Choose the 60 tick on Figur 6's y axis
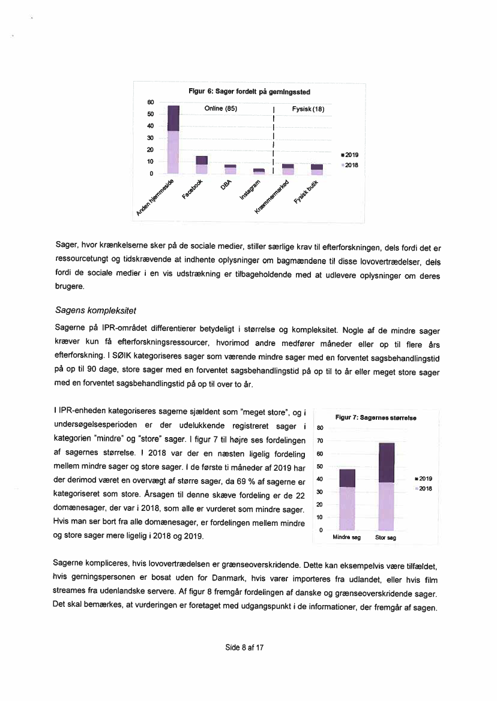click(x=151, y=103)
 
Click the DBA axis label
click(x=225, y=186)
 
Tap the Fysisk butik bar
click(x=317, y=169)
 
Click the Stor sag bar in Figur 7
click(x=387, y=486)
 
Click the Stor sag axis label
click(x=385, y=538)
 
